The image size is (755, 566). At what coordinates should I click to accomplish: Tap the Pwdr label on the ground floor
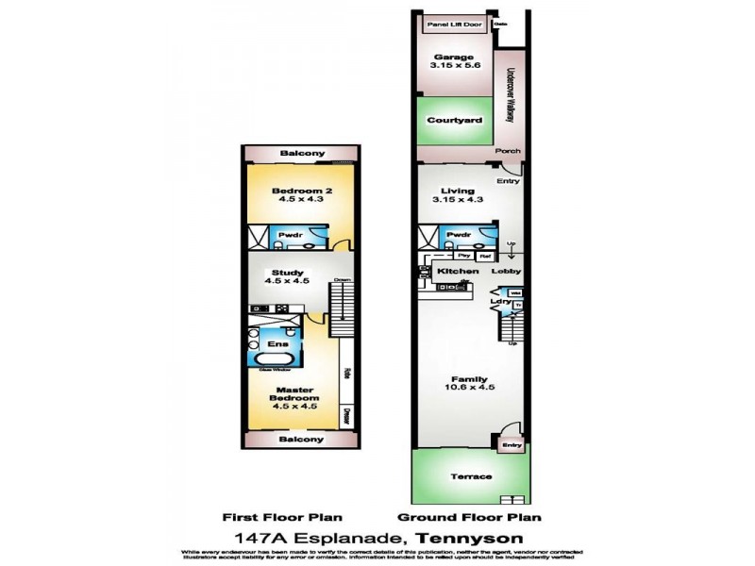pyautogui.click(x=459, y=235)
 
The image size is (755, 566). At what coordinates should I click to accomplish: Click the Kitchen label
pyautogui.click(x=457, y=272)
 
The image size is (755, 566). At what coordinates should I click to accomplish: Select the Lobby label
pyautogui.click(x=507, y=272)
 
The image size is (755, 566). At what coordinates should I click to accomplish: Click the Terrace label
pyautogui.click(x=470, y=476)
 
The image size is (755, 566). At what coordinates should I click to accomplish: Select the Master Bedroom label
pyautogui.click(x=294, y=393)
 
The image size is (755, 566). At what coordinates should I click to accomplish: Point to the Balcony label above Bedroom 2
pyautogui.click(x=301, y=154)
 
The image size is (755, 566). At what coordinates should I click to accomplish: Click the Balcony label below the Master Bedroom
pyautogui.click(x=301, y=440)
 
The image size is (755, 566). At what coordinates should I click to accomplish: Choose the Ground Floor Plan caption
pyautogui.click(x=469, y=518)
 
